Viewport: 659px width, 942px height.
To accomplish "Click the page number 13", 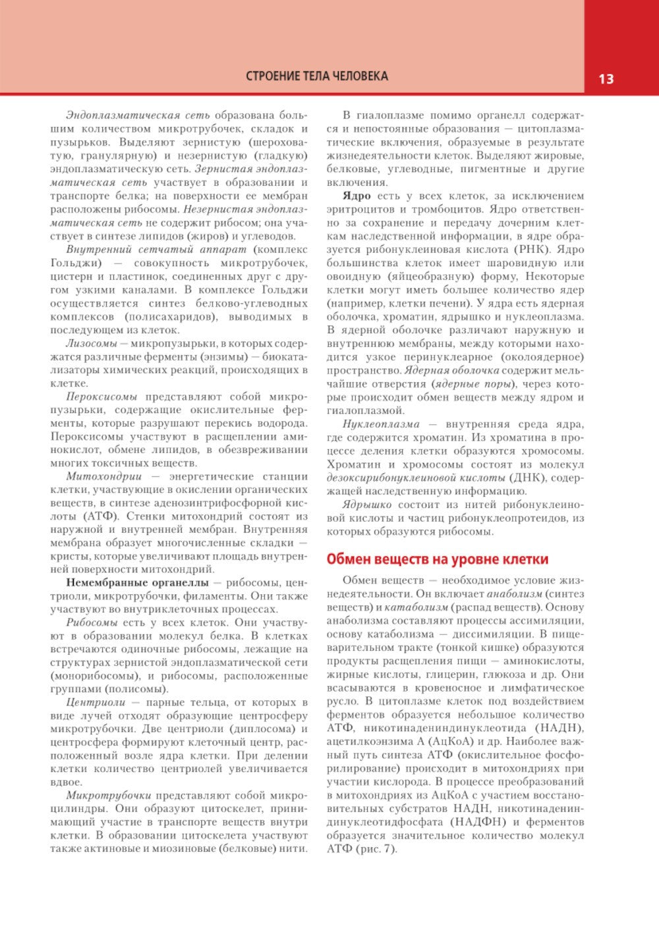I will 606,79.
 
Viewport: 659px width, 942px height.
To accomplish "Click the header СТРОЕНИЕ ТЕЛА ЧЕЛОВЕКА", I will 317,76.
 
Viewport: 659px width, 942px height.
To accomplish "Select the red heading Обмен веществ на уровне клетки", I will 438,559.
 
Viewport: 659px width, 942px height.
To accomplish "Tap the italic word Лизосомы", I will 92,343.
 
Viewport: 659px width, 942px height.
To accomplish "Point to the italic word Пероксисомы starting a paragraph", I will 101,397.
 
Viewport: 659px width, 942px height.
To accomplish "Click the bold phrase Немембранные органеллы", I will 137,582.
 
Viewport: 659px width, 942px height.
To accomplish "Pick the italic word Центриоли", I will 96,702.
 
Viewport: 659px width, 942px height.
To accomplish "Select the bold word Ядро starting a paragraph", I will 357,196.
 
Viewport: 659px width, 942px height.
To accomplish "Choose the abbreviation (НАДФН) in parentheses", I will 478,822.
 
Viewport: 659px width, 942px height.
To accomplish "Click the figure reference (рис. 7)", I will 376,849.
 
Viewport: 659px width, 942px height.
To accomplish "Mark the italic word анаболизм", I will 509,594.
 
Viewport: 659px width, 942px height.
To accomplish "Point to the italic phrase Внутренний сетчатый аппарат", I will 156,250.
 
